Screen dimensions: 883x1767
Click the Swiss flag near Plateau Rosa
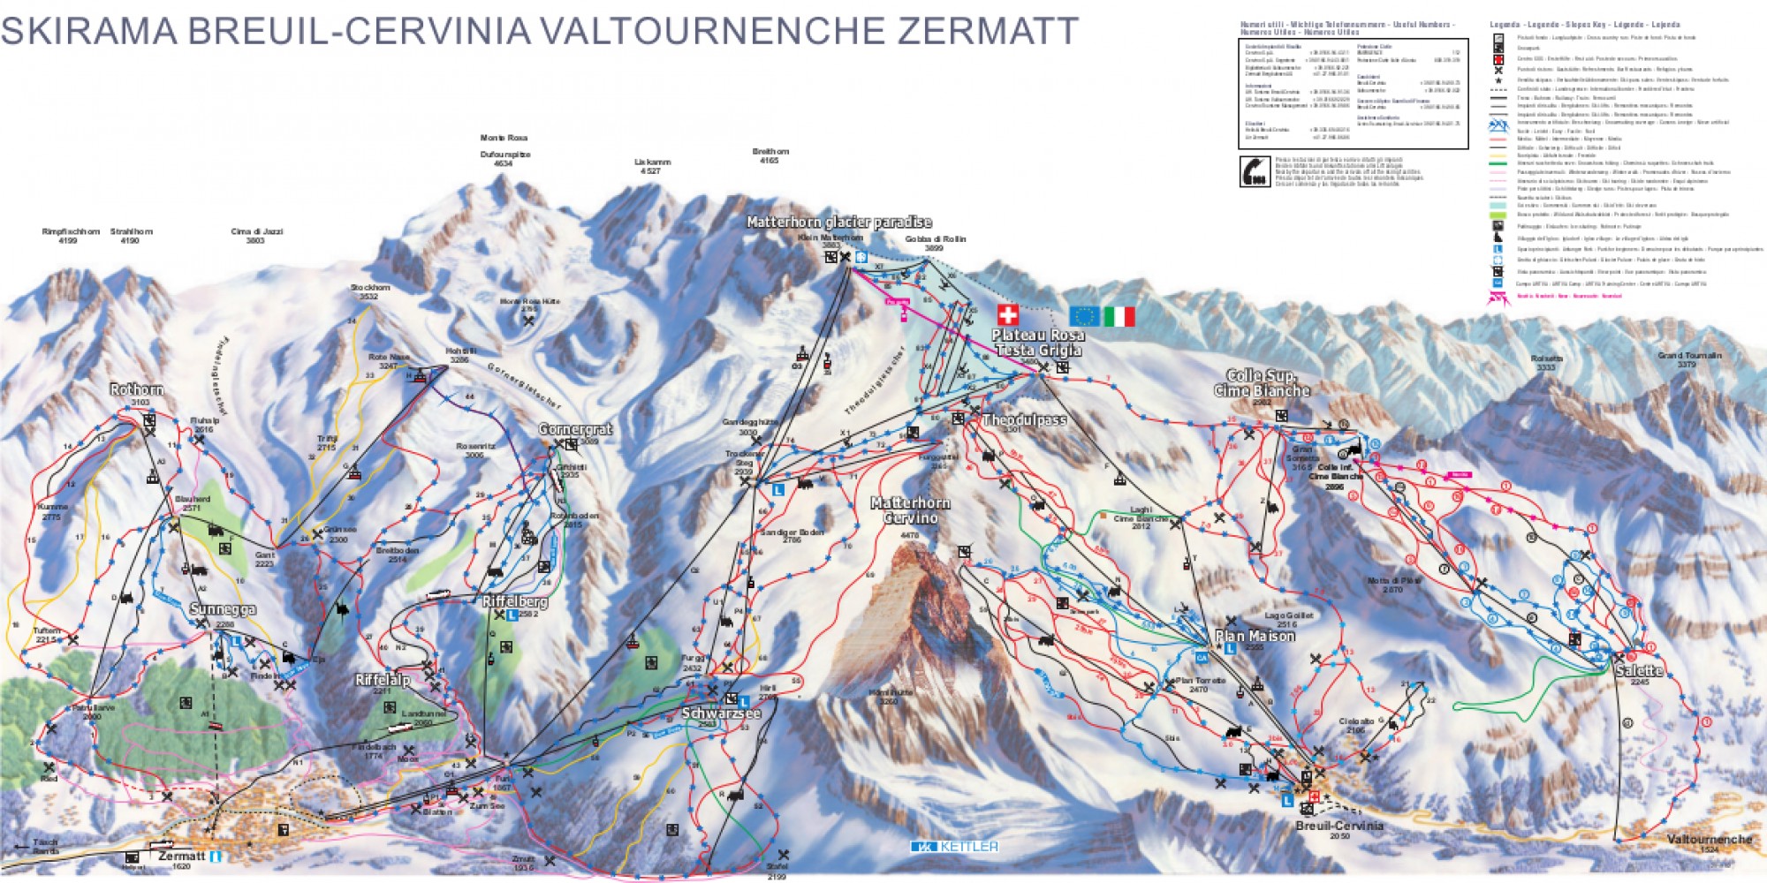pyautogui.click(x=1007, y=314)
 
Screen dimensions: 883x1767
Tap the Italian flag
pyautogui.click(x=1119, y=316)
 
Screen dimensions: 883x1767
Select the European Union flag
pyautogui.click(x=1085, y=316)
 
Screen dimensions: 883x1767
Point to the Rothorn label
pyautogui.click(x=136, y=389)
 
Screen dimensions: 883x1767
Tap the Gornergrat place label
pyautogui.click(x=575, y=429)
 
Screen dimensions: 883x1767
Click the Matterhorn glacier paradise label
pyautogui.click(x=838, y=222)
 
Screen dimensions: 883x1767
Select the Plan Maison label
pyautogui.click(x=1255, y=636)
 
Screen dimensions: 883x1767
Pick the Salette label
pyautogui.click(x=1639, y=670)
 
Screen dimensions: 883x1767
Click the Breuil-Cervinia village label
pyautogui.click(x=1339, y=826)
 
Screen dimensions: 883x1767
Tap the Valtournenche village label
pyautogui.click(x=1710, y=839)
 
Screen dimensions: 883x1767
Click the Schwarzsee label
pyautogui.click(x=721, y=713)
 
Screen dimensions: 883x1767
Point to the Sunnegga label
pyautogui.click(x=223, y=609)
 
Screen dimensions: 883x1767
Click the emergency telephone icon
pyautogui.click(x=1255, y=171)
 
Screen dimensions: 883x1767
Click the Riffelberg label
pyautogui.click(x=515, y=601)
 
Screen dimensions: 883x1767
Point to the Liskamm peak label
pyautogui.click(x=652, y=162)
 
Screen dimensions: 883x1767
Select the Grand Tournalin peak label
pyautogui.click(x=1689, y=355)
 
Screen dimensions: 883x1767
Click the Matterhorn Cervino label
pyautogui.click(x=910, y=510)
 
